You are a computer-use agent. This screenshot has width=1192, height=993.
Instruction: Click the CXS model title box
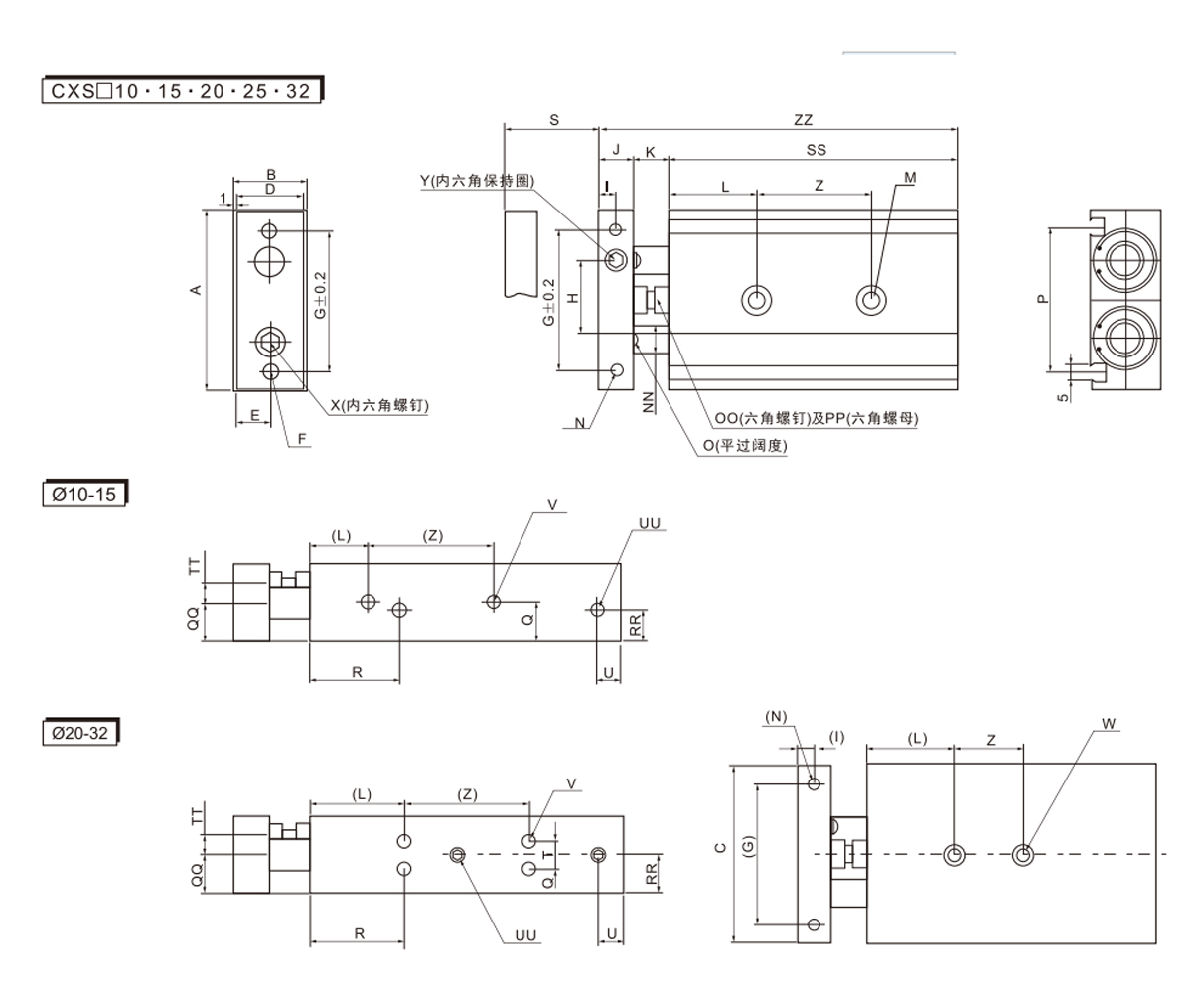pyautogui.click(x=182, y=91)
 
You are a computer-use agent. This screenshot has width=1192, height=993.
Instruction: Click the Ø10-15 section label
pyautogui.click(x=84, y=494)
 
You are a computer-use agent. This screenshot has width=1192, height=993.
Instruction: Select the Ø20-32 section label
pyautogui.click(x=81, y=734)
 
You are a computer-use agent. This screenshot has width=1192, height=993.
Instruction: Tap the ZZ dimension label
pyautogui.click(x=803, y=120)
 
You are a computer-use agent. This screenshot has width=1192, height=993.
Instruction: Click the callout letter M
pyautogui.click(x=910, y=177)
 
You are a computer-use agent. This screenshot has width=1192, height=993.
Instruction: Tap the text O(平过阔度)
pyautogui.click(x=745, y=446)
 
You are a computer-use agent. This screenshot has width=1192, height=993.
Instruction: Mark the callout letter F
pyautogui.click(x=302, y=437)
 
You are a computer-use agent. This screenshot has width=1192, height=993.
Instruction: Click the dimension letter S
pyautogui.click(x=554, y=120)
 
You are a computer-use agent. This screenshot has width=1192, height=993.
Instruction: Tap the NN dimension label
pyautogui.click(x=649, y=402)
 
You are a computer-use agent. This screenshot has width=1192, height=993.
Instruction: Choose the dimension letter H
pyautogui.click(x=573, y=298)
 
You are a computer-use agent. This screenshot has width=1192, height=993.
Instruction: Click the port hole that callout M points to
pyautogui.click(x=872, y=299)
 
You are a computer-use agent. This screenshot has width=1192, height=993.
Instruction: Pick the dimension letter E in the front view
pyautogui.click(x=254, y=416)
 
